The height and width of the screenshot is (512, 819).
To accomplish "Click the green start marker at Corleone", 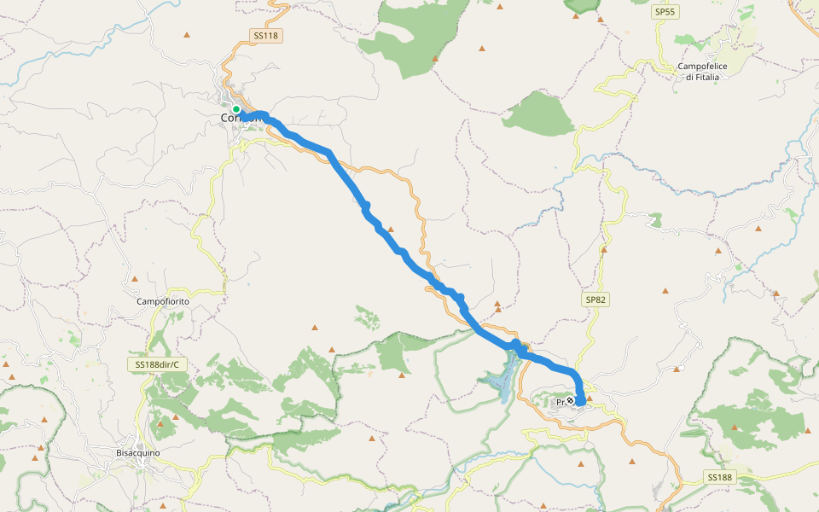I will click(x=236, y=109).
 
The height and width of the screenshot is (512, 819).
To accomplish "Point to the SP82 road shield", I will click(x=595, y=300).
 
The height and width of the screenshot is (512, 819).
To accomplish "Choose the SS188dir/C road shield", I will click(x=160, y=364).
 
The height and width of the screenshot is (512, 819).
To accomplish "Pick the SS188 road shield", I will click(x=719, y=477).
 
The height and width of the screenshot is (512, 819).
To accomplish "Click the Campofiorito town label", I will click(x=162, y=302).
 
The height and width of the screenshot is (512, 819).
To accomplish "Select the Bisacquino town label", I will click(x=138, y=452).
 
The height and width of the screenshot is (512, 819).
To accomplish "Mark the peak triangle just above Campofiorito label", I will click(x=135, y=279).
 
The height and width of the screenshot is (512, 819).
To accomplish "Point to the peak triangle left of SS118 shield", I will click(x=187, y=35).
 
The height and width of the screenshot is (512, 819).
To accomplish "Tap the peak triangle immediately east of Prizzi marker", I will click(x=589, y=398).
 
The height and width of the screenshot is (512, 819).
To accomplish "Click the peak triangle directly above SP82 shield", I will click(x=603, y=251).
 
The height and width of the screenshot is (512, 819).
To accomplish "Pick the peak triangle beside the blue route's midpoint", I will click(x=390, y=229).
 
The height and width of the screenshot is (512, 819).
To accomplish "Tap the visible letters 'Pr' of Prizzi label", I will click(x=561, y=402).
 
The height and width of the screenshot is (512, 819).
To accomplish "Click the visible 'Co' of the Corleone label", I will click(x=228, y=118).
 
